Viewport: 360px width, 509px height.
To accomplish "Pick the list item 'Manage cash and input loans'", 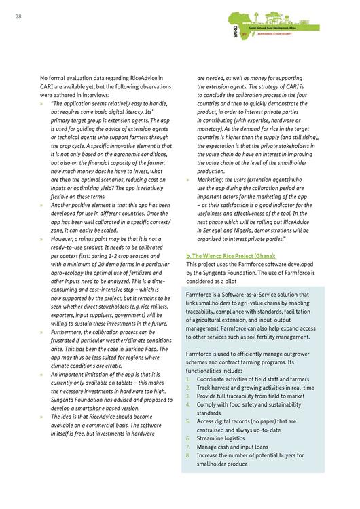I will (x=234, y=447).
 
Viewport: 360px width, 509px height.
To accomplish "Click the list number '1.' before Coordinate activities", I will (x=188, y=379).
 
